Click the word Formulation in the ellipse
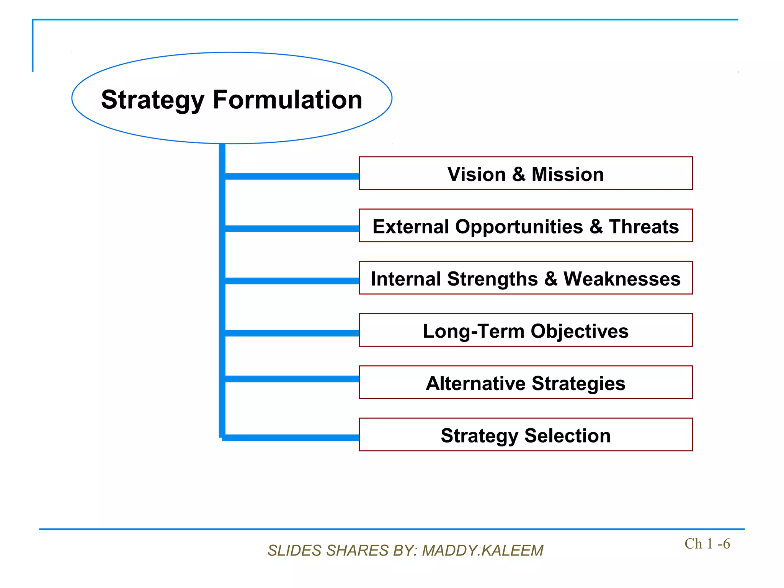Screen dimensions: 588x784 click(x=287, y=100)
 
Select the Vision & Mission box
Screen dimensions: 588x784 click(x=525, y=173)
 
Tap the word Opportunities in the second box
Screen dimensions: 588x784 click(x=519, y=227)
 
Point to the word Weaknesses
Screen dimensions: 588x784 click(x=622, y=279)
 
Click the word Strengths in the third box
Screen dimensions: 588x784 click(x=492, y=279)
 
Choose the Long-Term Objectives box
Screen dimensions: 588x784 click(x=525, y=331)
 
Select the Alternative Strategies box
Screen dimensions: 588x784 click(x=525, y=383)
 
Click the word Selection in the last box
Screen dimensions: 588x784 click(x=567, y=435)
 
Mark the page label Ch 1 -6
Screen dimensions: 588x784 click(x=707, y=544)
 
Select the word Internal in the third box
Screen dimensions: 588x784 click(x=405, y=279)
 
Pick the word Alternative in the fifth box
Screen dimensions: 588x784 click(x=476, y=383)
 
